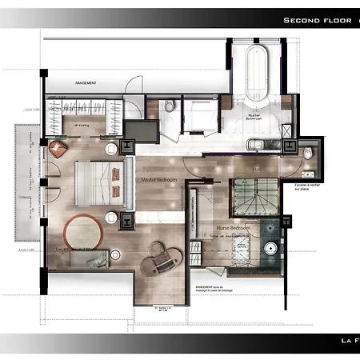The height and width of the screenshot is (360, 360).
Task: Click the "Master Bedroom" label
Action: pyautogui.click(x=158, y=180)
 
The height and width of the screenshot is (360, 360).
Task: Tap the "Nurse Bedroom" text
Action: pyautogui.click(x=234, y=228)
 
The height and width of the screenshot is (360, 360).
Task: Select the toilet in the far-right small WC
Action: pyautogui.click(x=310, y=154)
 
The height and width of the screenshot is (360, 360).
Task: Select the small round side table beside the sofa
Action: pyautogui.click(x=114, y=255)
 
